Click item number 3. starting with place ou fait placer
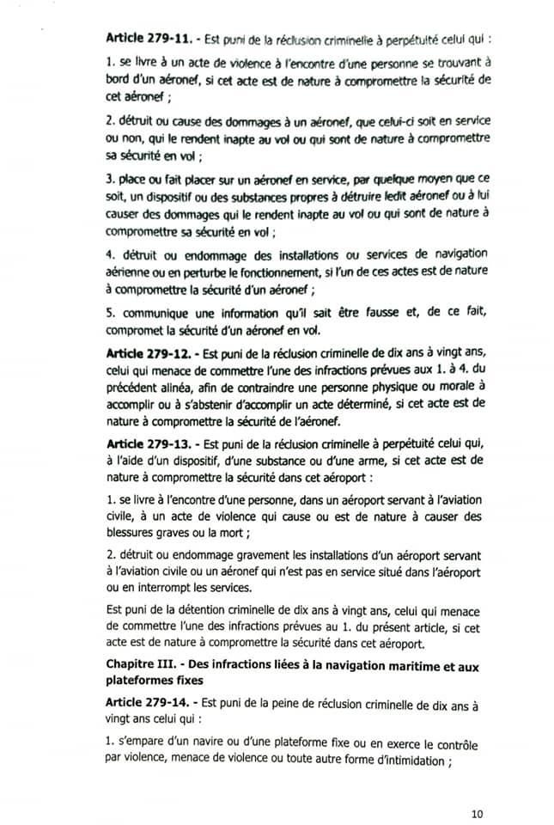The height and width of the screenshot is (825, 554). tap(109, 183)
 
